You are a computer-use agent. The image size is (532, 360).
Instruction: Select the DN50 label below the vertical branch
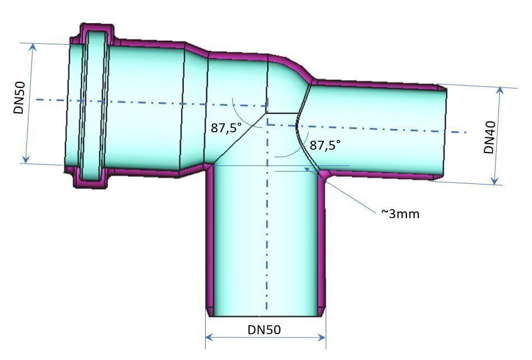(264, 330)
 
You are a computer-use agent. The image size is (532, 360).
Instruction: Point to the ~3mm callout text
(400, 214)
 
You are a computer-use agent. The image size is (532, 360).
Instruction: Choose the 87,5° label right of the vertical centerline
(325, 145)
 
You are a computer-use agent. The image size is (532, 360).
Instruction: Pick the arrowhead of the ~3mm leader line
(307, 168)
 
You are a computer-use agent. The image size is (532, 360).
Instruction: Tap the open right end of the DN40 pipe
(443, 132)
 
